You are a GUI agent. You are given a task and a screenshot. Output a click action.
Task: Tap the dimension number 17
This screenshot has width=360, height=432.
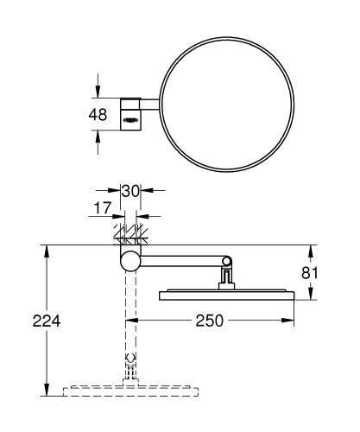coord(103,208)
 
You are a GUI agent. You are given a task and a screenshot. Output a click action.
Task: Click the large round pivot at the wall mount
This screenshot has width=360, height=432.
coord(129,263)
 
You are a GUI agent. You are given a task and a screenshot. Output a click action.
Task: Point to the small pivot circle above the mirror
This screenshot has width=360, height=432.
coord(228,262)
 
